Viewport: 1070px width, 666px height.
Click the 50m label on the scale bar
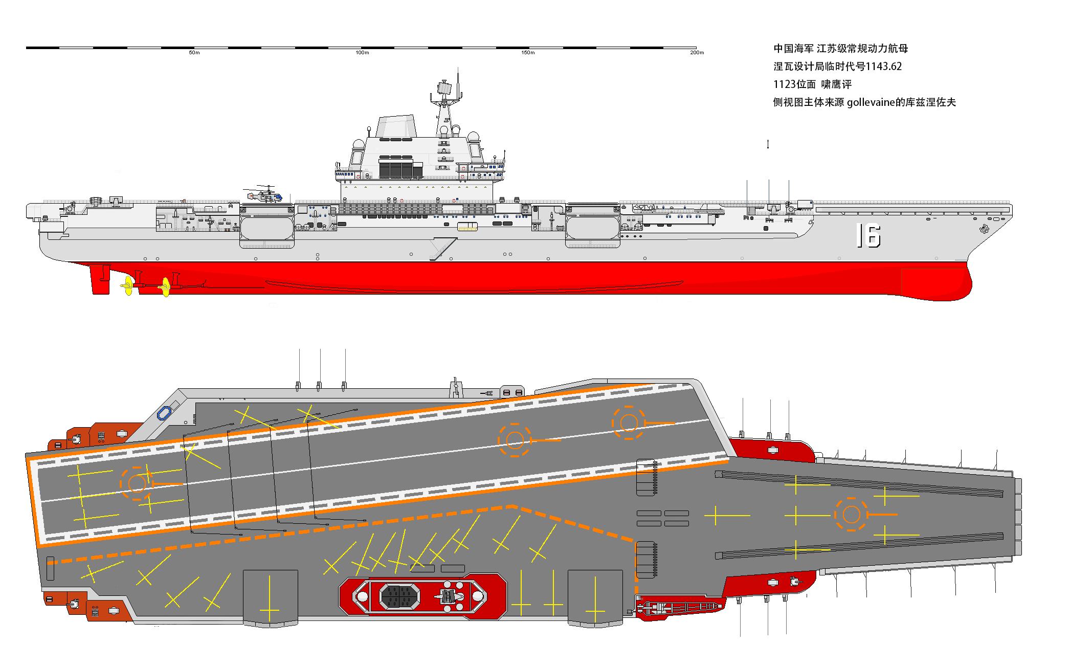pos(194,53)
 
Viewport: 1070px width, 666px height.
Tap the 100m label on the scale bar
pos(362,53)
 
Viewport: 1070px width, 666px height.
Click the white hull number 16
pos(868,236)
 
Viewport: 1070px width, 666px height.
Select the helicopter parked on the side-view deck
pos(264,194)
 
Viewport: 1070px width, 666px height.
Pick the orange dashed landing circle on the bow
pos(851,514)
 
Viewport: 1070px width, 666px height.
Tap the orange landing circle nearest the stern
pos(137,483)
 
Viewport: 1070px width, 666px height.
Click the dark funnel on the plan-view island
pos(399,595)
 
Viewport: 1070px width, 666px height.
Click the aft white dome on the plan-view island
pos(362,596)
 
